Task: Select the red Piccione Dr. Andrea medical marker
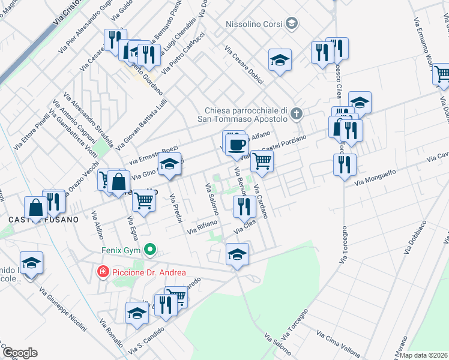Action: coord(103,272)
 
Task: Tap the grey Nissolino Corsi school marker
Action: coord(292,24)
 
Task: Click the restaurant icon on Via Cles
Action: coord(244,206)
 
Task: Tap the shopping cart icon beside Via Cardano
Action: coord(262,160)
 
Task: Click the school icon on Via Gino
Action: coord(169,164)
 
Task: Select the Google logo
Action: coord(20,352)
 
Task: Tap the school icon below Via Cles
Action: coord(237,254)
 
